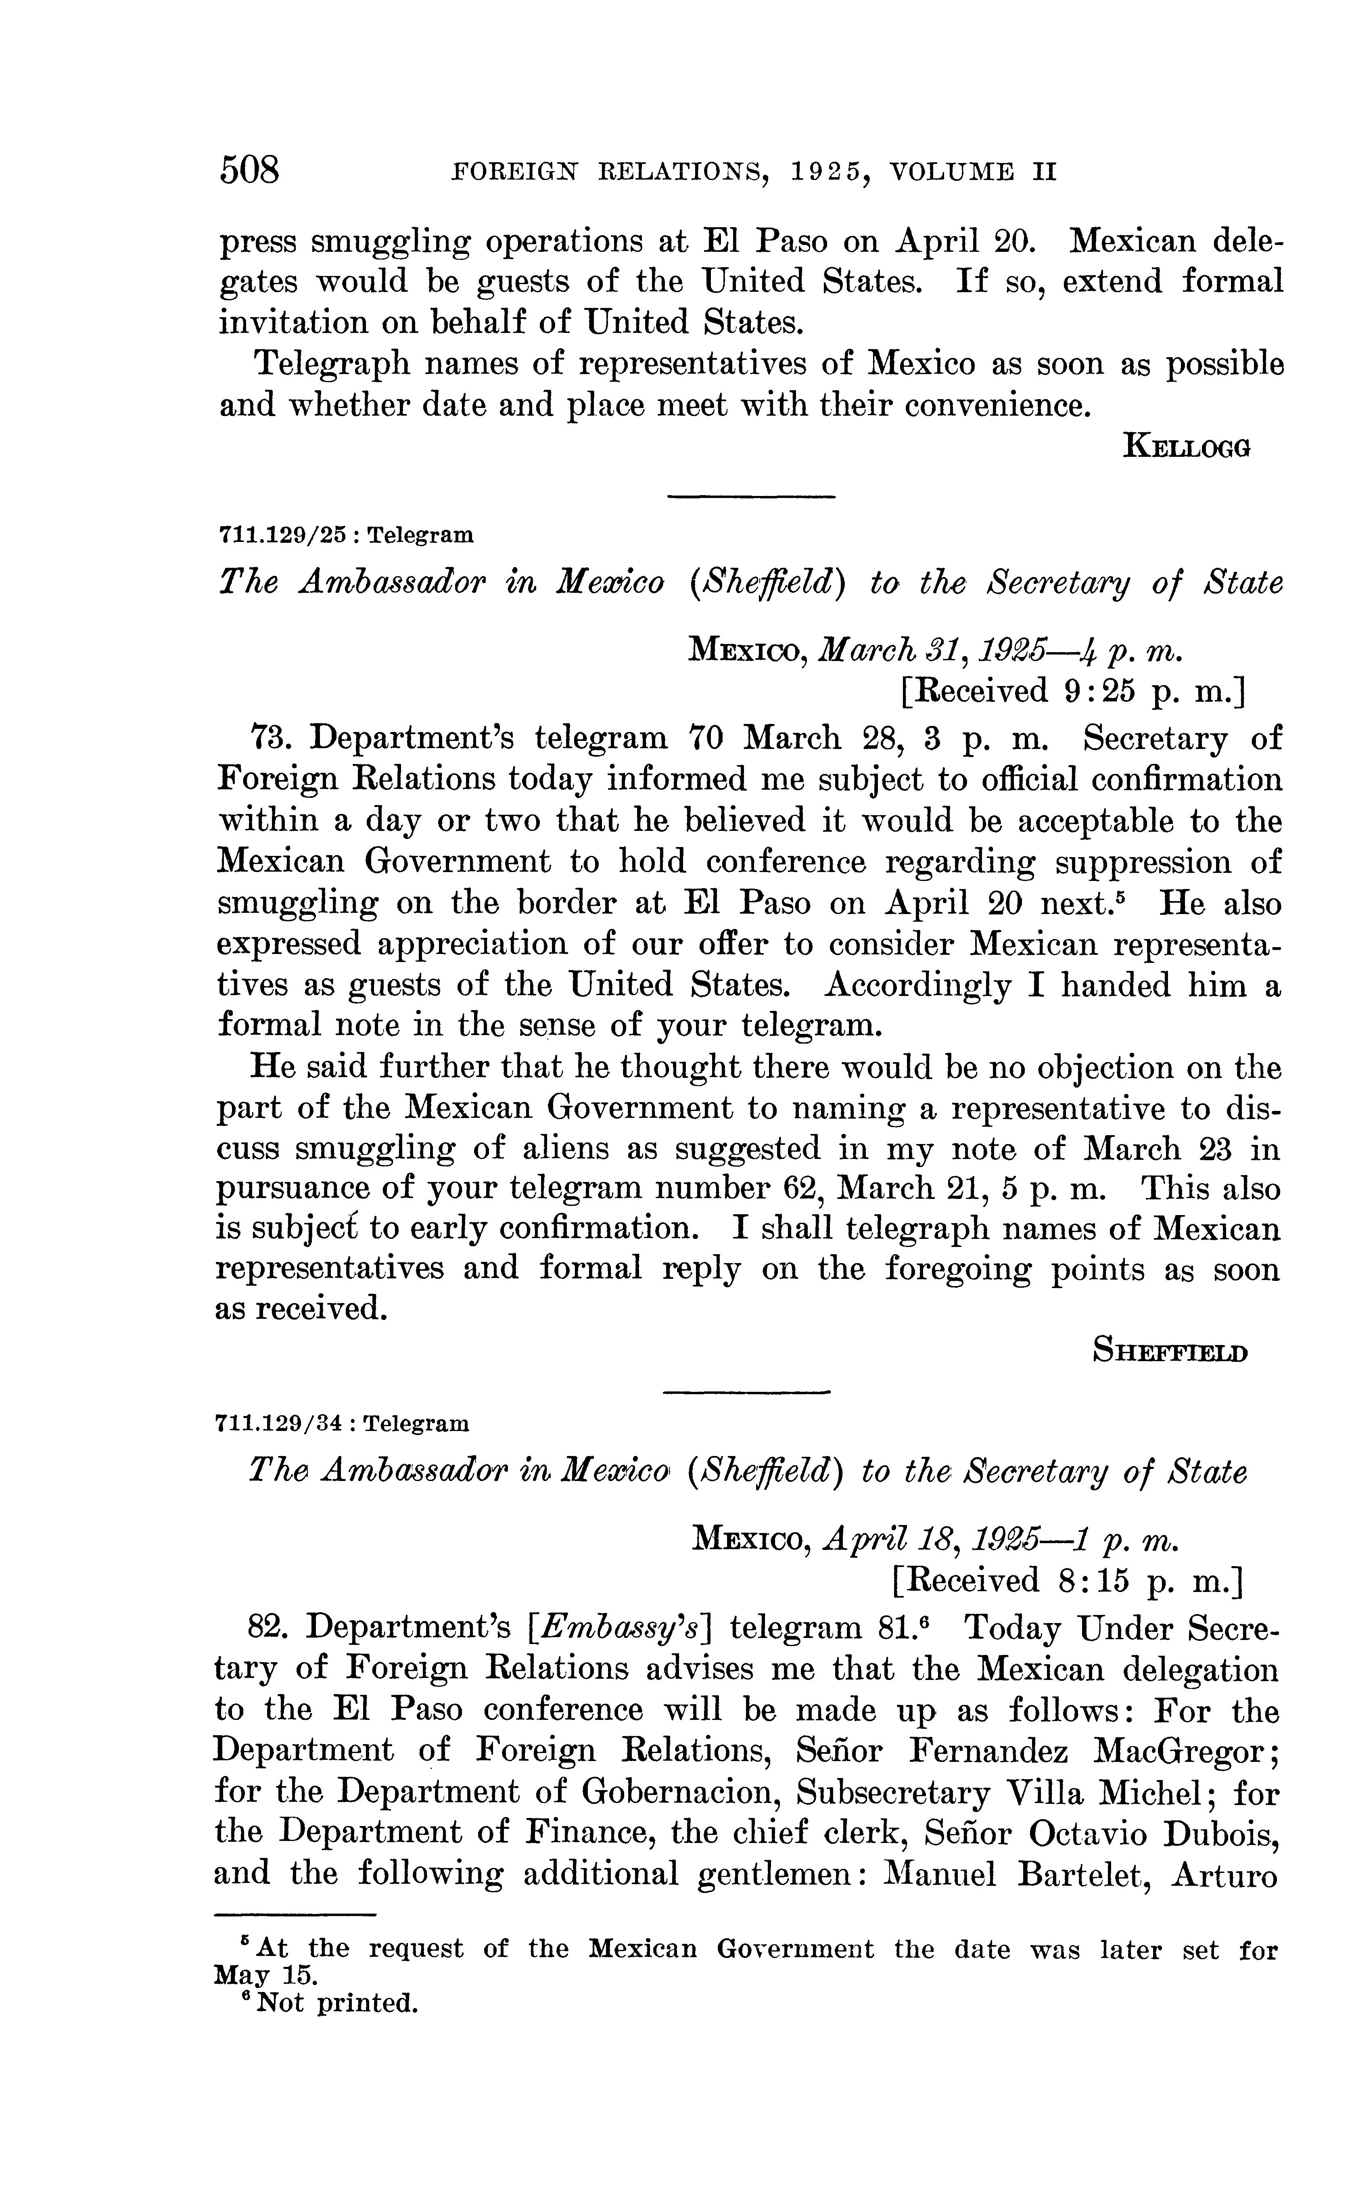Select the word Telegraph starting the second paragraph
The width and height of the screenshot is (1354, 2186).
point(330,364)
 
